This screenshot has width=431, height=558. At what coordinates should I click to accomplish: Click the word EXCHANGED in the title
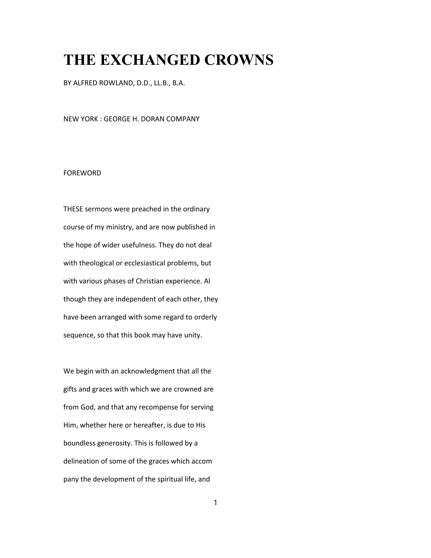pos(150,60)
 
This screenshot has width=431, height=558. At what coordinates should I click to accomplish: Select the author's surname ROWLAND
pos(116,83)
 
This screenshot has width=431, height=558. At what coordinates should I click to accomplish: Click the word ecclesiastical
pos(145,263)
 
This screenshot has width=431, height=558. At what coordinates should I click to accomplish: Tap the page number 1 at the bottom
pos(215,503)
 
